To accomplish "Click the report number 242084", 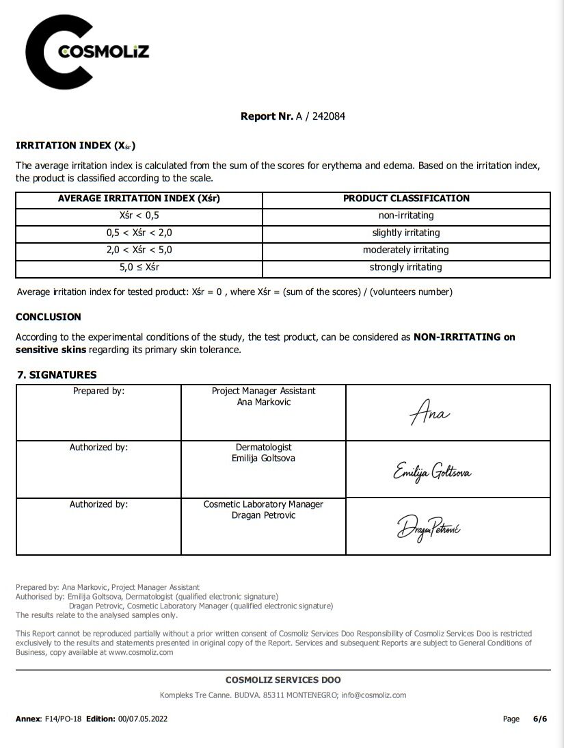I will click(329, 116).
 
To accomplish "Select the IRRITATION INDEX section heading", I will click(75, 146).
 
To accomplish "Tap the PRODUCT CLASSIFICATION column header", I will click(406, 198).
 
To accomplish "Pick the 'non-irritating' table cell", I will click(406, 216).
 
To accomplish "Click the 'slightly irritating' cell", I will click(406, 233).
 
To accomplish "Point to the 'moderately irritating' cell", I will click(406, 250).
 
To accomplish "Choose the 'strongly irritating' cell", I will click(406, 268).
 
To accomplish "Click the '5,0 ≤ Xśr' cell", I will click(139, 268).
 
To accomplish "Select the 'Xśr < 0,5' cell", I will click(139, 216).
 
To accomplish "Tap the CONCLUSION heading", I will click(49, 317).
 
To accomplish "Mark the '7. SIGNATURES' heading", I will click(57, 375).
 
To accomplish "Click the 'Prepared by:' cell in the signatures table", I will click(98, 391).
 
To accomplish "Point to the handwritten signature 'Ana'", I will click(429, 414).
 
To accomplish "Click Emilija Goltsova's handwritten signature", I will click(431, 472).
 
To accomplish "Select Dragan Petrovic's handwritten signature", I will click(429, 528).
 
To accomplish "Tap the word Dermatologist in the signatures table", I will click(263, 448).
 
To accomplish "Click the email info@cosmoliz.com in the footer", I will click(374, 695).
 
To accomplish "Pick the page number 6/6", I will click(540, 719).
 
